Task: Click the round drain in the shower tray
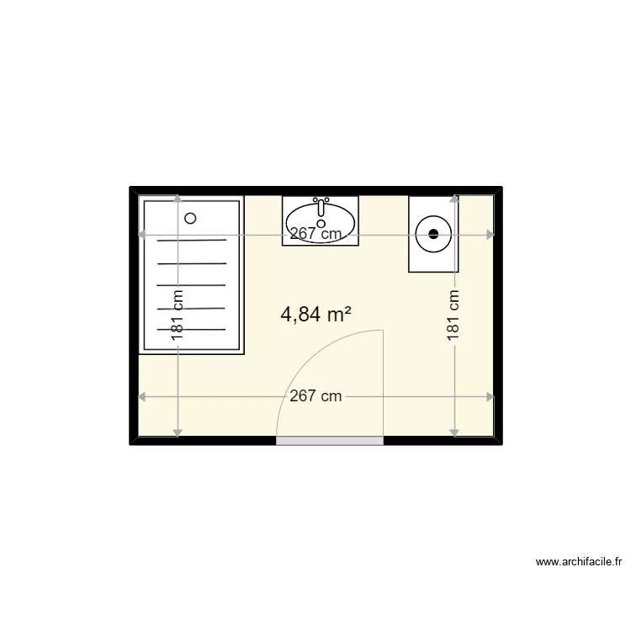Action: pyautogui.click(x=190, y=218)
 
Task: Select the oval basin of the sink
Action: pyautogui.click(x=321, y=220)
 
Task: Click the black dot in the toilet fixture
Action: pyautogui.click(x=434, y=234)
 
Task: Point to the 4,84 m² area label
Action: pyautogui.click(x=315, y=315)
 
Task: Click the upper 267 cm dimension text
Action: pyautogui.click(x=315, y=235)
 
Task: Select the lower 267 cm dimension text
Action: pyautogui.click(x=315, y=396)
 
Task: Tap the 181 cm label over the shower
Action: pyautogui.click(x=177, y=315)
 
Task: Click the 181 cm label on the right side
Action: pyautogui.click(x=454, y=315)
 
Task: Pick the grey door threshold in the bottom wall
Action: pyautogui.click(x=330, y=440)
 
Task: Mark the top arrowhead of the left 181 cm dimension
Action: pyautogui.click(x=177, y=199)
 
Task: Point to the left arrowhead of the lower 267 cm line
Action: pyautogui.click(x=142, y=396)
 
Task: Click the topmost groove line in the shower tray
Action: pyautogui.click(x=192, y=241)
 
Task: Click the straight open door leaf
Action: pyautogui.click(x=384, y=383)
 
